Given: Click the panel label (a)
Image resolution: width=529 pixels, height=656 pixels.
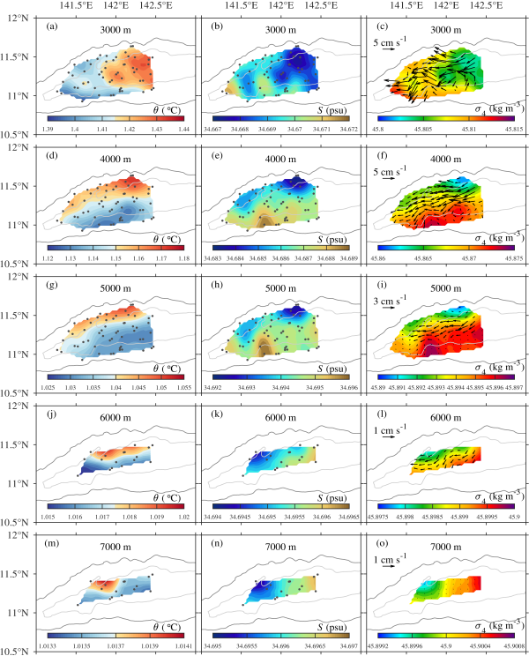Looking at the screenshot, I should pyautogui.click(x=52, y=27).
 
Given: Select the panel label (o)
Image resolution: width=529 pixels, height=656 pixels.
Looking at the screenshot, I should pyautogui.click(x=384, y=543).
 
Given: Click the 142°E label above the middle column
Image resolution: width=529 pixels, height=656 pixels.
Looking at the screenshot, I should pyautogui.click(x=281, y=6).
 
